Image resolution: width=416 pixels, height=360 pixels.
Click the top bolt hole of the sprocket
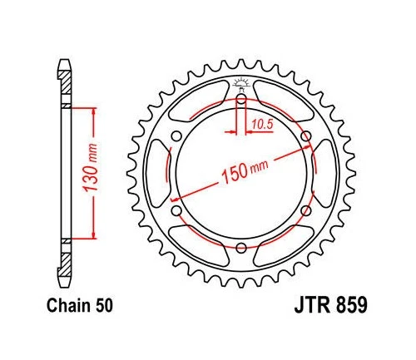(241, 100)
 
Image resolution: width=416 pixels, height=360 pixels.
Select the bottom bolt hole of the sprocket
(241, 247)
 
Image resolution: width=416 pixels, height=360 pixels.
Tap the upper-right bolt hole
(305, 136)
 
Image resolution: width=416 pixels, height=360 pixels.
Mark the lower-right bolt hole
(305, 210)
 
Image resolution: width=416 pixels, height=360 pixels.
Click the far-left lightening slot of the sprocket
(158, 174)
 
